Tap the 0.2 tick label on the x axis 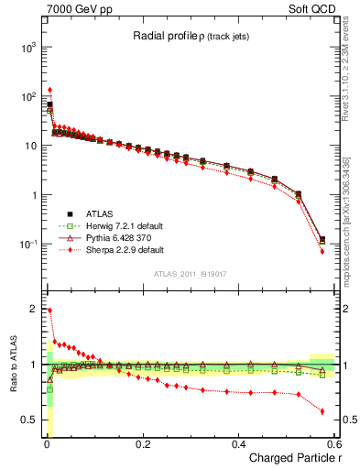coord(142,443)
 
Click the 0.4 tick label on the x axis coord(238,443)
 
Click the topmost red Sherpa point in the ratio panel coord(49,311)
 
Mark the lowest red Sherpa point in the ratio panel coord(322,411)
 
